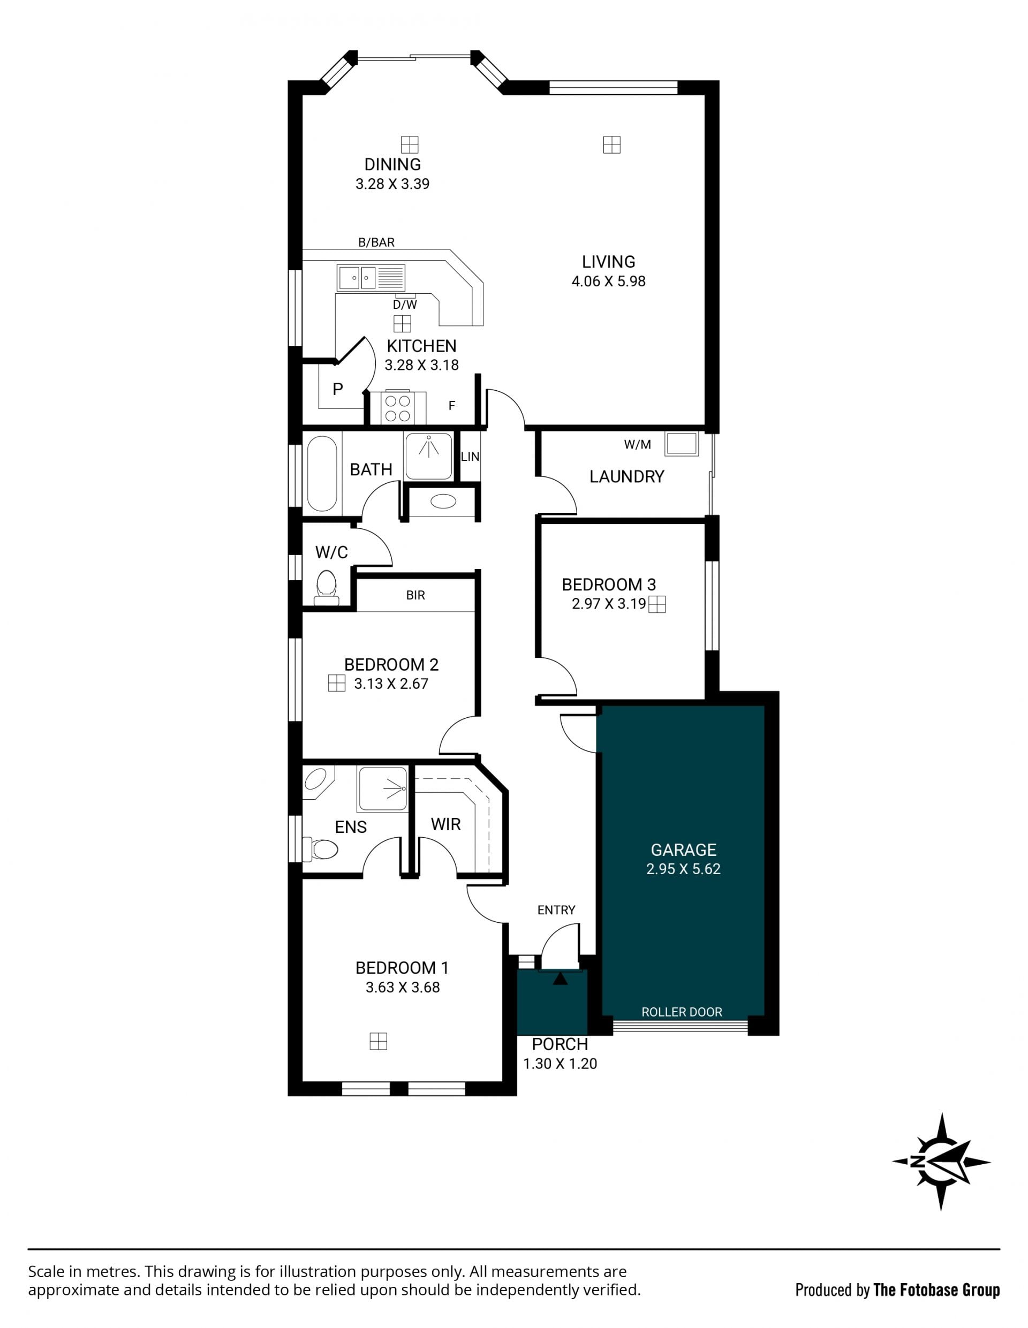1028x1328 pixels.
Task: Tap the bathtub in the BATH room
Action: (322, 473)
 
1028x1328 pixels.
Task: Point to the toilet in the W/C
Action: (327, 587)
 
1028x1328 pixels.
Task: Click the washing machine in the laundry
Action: (681, 444)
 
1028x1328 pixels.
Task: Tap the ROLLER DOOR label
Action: (682, 1012)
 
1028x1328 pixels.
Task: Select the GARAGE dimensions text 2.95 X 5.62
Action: (683, 869)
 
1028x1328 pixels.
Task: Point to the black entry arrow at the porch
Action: (560, 978)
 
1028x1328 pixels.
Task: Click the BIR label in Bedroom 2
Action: (415, 595)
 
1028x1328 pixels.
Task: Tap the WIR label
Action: (446, 824)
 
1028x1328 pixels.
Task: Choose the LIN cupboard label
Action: (470, 457)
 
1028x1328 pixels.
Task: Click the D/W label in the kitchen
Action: (405, 305)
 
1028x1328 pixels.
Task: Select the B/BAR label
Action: (376, 242)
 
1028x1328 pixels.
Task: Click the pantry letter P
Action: (338, 389)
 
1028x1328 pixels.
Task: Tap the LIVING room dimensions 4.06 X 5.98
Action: (608, 281)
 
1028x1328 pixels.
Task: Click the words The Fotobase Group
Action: (937, 1289)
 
